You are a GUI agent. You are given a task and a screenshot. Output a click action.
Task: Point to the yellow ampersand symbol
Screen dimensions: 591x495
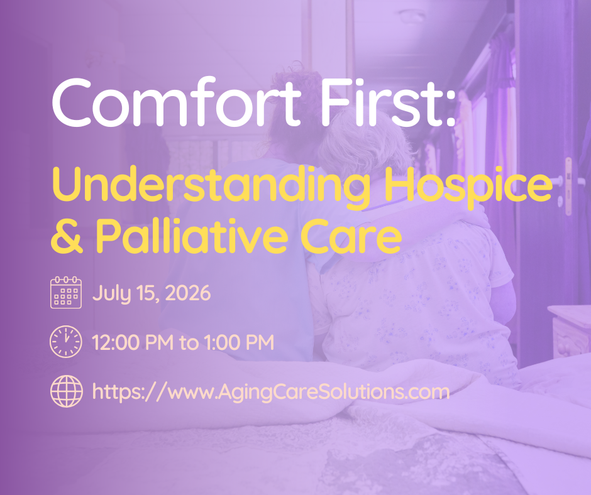(67, 236)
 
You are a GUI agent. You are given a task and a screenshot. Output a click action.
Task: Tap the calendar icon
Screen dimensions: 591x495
(66, 292)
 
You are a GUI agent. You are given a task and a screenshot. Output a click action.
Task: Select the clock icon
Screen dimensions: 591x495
(65, 342)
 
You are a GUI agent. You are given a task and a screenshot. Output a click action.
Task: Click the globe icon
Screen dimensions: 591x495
(67, 391)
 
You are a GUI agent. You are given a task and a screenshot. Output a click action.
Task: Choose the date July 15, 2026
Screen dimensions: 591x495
(152, 293)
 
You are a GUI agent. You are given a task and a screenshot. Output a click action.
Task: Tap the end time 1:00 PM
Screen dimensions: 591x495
(239, 342)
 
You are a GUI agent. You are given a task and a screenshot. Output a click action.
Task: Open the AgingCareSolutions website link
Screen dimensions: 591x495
(270, 392)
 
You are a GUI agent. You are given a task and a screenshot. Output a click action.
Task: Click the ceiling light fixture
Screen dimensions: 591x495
(412, 16)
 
